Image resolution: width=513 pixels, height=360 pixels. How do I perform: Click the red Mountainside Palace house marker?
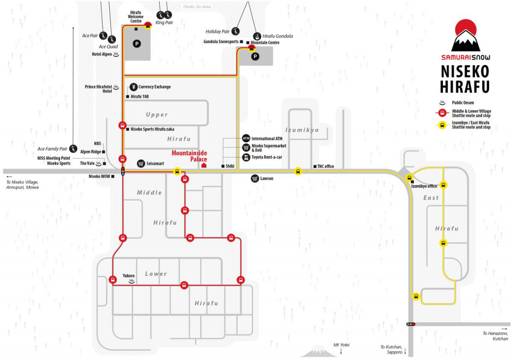point(204,165)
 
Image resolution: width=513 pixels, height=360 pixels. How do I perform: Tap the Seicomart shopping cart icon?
point(141,163)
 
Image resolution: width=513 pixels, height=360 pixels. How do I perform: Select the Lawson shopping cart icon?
point(255,179)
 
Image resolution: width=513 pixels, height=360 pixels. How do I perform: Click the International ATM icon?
point(246,139)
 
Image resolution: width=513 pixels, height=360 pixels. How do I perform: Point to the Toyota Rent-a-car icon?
point(246,157)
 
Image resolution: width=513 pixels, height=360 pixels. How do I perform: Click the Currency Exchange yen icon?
point(133,87)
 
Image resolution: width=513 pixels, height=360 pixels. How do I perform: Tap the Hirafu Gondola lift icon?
point(257,36)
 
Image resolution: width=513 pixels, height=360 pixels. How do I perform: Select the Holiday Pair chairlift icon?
point(236,31)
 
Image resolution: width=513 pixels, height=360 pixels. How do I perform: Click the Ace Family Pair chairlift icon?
point(73,149)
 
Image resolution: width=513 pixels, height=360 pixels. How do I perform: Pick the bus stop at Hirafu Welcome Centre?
point(148,25)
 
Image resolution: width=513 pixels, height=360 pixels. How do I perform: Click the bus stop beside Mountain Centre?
point(251,48)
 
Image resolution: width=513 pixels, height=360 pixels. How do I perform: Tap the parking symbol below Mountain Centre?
point(255,56)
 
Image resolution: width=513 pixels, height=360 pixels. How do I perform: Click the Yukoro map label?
point(129,275)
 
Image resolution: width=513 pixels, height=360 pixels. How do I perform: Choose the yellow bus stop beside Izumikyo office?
point(409,178)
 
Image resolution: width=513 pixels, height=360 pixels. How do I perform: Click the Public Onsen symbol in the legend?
point(442,103)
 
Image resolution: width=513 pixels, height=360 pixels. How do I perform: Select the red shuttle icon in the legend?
point(442,113)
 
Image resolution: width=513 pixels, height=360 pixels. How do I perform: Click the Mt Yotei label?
point(341,345)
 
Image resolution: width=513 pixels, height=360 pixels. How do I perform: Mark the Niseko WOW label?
point(99,176)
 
